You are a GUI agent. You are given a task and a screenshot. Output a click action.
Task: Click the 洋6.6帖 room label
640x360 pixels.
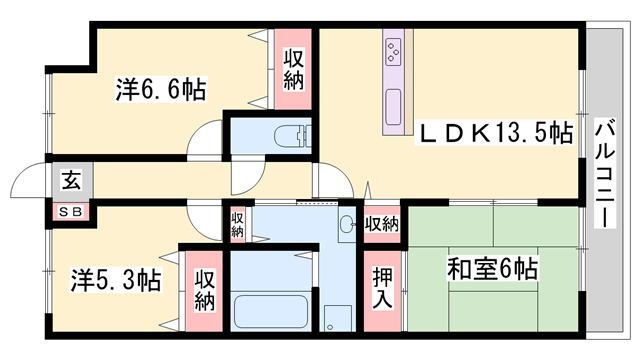point(160,91)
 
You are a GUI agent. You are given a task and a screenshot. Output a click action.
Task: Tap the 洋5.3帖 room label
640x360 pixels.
point(115,279)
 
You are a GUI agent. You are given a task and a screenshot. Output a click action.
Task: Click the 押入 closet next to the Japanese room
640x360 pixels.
point(383,286)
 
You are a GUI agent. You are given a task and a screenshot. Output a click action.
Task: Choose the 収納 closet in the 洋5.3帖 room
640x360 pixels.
point(204,288)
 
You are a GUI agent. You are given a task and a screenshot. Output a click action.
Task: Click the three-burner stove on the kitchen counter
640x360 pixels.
point(393,47)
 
